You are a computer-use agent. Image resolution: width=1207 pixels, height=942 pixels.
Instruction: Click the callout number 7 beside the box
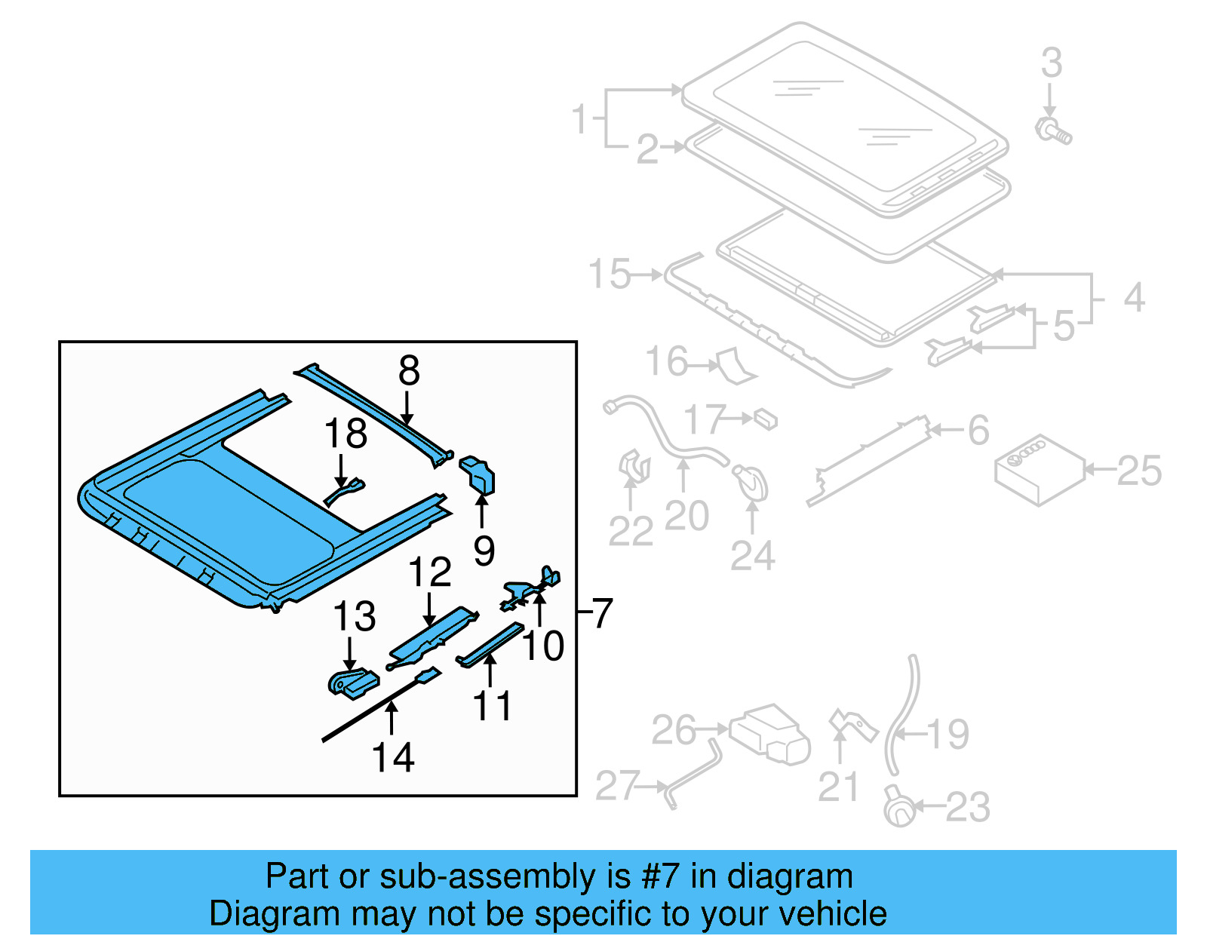click(602, 612)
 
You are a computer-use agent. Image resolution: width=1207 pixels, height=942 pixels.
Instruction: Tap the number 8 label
click(409, 371)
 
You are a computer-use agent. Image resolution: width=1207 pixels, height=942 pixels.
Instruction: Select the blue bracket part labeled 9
click(478, 474)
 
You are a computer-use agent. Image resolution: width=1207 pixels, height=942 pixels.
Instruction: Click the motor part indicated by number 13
click(352, 683)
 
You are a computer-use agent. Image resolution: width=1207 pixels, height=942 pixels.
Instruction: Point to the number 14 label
click(393, 757)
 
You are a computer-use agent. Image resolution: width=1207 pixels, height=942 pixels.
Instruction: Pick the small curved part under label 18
click(345, 491)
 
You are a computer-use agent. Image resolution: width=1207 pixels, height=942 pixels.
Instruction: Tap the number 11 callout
click(492, 706)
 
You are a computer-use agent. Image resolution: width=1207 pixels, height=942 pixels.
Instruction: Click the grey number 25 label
click(1139, 471)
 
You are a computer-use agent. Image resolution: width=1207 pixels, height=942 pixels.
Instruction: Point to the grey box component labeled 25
click(1040, 469)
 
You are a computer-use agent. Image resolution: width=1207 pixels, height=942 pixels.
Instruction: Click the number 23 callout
click(968, 807)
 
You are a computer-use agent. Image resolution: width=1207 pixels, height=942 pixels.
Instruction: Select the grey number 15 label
click(610, 274)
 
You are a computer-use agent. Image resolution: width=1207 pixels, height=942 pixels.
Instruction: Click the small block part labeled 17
click(765, 419)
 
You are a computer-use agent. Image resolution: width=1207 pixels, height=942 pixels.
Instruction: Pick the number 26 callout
click(674, 730)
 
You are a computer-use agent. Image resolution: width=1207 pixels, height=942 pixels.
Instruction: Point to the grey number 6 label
click(978, 431)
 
